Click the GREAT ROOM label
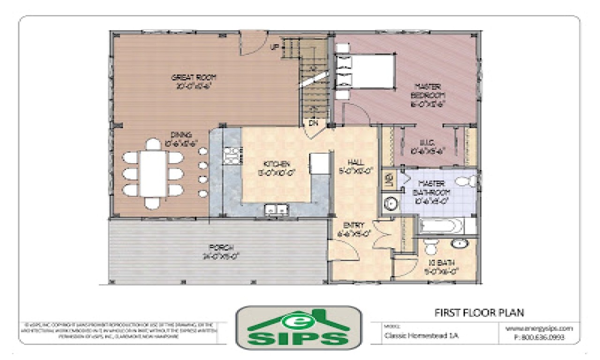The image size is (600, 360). [194, 78]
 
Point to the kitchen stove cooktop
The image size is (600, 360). [231, 155]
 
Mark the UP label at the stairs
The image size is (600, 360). [275, 47]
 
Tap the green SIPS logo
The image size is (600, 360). [299, 328]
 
